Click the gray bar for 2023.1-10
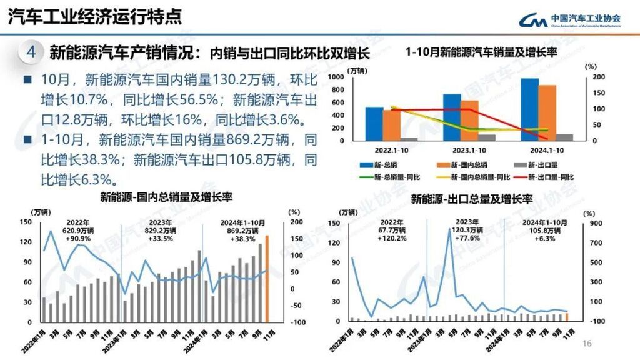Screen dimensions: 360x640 coord(487,137)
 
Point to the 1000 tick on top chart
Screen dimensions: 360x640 coord(352,77)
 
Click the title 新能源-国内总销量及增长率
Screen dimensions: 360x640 coord(166,198)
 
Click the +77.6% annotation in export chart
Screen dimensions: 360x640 coord(467,238)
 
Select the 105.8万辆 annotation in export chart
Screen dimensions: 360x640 coord(544,231)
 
